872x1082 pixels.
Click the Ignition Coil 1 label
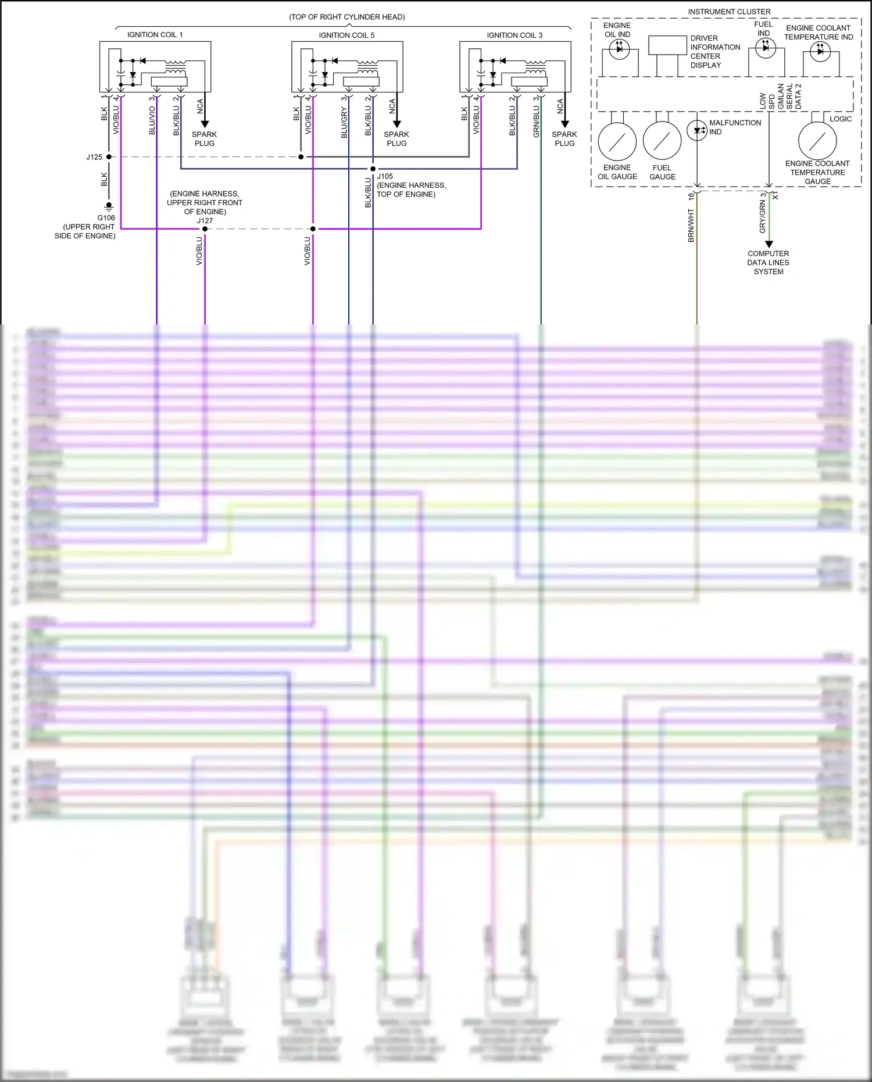(x=155, y=35)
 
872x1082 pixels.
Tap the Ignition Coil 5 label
(x=346, y=35)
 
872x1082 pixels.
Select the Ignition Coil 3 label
(x=514, y=35)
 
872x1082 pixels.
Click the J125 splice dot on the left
(x=109, y=157)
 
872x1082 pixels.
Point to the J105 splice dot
(x=373, y=169)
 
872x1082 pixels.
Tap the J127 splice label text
(x=205, y=221)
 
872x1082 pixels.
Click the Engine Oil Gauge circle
(x=617, y=141)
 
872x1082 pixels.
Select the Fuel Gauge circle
(x=662, y=141)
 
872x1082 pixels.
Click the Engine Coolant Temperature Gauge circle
(x=817, y=141)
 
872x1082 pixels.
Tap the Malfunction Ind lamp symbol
(x=696, y=130)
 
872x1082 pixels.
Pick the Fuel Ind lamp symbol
(x=765, y=48)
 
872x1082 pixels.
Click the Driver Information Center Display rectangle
(x=667, y=45)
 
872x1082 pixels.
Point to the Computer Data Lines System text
(x=768, y=263)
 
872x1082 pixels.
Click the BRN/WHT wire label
(x=691, y=226)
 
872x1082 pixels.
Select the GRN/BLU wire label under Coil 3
(x=536, y=121)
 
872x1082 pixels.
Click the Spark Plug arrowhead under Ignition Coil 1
(x=205, y=124)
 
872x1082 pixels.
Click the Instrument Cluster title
(x=729, y=12)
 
